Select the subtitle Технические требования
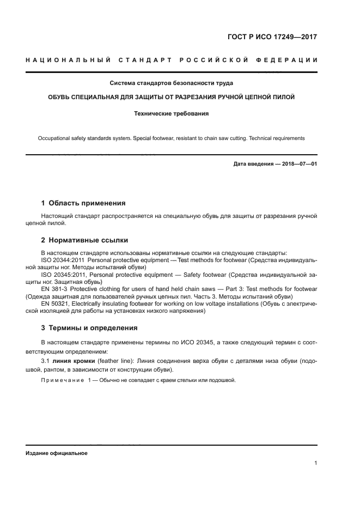[172, 114]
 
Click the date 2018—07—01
[298, 164]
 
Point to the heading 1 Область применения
[83, 203]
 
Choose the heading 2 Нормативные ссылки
[85, 240]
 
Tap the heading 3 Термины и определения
[89, 328]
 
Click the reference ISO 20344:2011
[63, 260]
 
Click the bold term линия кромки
[75, 360]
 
